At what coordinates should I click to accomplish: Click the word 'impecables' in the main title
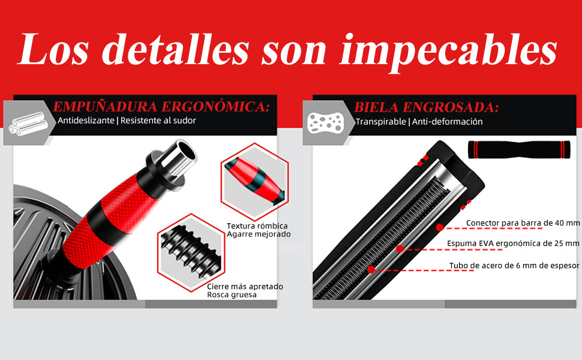click(448, 50)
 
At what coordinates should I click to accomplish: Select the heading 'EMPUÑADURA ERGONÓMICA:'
click(161, 107)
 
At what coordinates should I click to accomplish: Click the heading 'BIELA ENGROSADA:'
click(427, 107)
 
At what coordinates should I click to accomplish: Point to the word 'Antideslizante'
click(86, 120)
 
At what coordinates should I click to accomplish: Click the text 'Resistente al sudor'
click(158, 120)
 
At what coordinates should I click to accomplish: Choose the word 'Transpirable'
click(381, 121)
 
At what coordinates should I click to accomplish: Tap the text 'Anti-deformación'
click(447, 121)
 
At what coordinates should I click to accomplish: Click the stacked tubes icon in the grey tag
click(28, 124)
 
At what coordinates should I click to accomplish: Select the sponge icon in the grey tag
click(326, 123)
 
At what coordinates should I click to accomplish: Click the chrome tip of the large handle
click(176, 158)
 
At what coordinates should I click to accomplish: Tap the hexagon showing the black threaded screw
click(191, 253)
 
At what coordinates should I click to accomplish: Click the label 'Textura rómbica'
click(257, 226)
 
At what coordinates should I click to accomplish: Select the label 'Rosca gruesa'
click(232, 295)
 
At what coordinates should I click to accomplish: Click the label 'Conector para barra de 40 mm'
click(523, 223)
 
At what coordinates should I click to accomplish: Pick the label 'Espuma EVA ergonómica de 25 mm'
click(513, 243)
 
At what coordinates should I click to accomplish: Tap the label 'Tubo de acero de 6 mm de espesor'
click(514, 265)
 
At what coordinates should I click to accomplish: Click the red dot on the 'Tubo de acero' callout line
click(371, 270)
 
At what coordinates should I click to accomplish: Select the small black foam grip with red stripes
click(519, 149)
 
